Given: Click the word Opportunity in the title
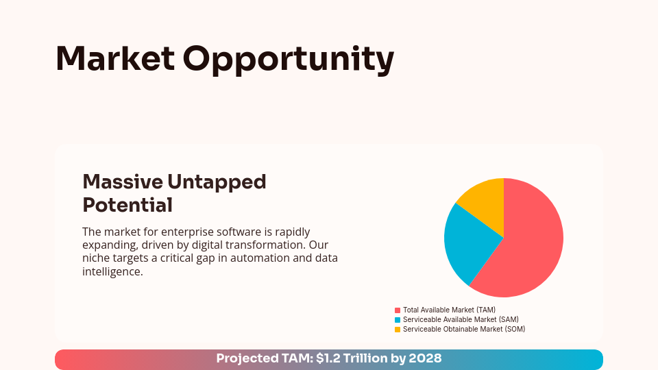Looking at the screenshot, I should [289, 60].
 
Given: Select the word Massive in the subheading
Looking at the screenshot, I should [121, 182].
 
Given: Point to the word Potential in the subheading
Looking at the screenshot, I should [127, 205].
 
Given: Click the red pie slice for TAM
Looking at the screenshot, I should [531, 247].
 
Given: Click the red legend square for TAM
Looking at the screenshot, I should [398, 310].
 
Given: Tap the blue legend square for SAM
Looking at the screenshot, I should [398, 320].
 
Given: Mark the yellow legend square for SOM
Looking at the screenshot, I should [398, 330].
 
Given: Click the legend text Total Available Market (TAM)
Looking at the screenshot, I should [449, 310].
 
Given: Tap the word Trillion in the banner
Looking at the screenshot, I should [365, 358].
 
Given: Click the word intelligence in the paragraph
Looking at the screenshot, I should [112, 271].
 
